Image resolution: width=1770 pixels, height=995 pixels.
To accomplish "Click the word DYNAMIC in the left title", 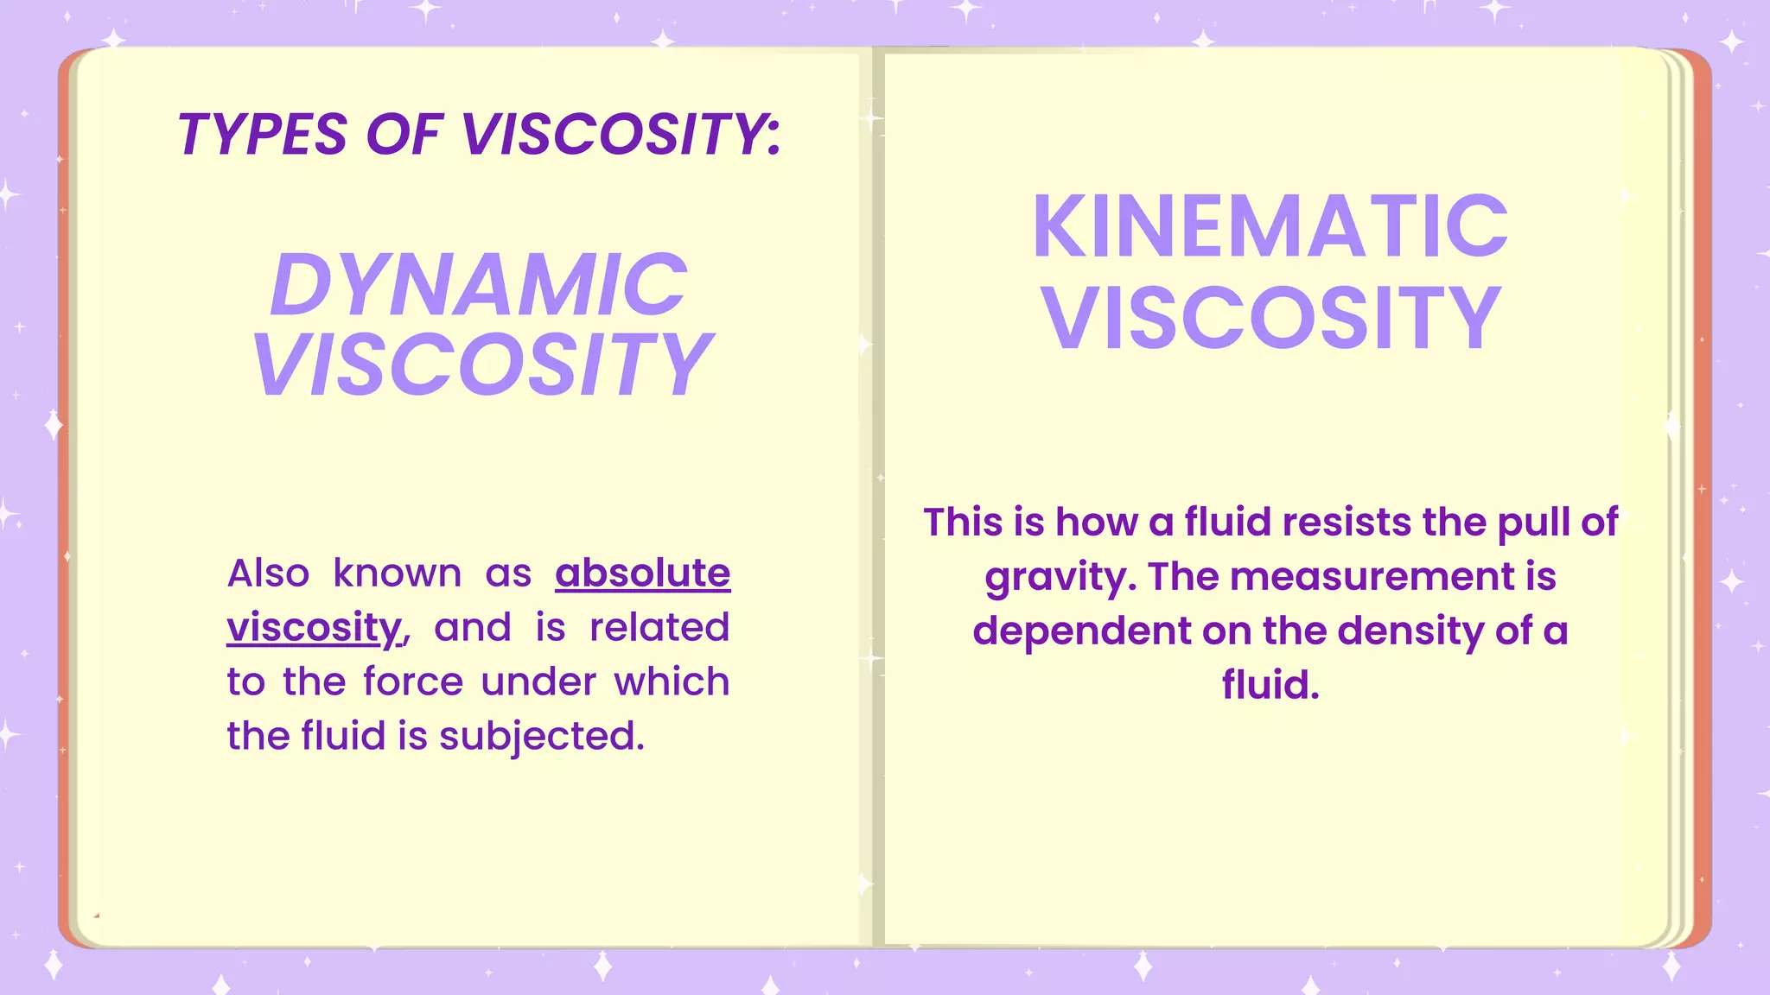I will coord(479,285).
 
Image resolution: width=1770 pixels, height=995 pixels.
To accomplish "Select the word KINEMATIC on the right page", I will coord(1270,226).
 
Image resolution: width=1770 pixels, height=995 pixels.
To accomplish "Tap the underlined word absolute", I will coord(642,574).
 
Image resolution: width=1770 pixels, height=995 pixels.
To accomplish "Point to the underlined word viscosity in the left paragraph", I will coord(315,628).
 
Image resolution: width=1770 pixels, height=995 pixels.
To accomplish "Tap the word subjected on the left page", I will coord(541,737).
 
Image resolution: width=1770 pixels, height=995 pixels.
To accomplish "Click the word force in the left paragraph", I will coord(412,682).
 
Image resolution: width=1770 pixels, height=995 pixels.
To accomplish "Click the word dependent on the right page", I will coord(1081,631).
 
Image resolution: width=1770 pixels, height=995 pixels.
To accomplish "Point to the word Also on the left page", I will coord(268,574).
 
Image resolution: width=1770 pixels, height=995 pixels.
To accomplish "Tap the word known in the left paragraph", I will coord(398,574).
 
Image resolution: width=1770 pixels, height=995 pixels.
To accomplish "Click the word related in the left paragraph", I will coord(659,628).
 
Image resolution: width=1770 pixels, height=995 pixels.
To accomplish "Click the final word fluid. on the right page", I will coord(1270,685).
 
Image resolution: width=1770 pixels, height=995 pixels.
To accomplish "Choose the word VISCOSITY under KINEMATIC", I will coord(1270,318).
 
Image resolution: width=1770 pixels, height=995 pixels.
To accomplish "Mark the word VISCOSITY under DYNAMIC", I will coord(481,364).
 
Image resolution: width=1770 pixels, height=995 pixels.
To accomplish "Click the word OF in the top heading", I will coord(404,135).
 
